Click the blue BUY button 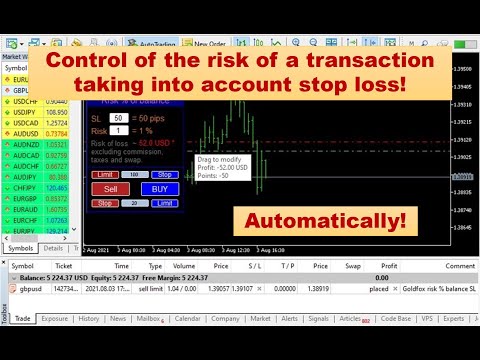[x=155, y=188]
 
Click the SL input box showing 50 [x=118, y=118]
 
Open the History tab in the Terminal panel [x=89, y=347]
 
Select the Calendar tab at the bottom [x=187, y=347]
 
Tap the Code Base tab [x=395, y=347]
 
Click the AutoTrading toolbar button [x=156, y=45]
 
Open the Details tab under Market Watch [x=53, y=247]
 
